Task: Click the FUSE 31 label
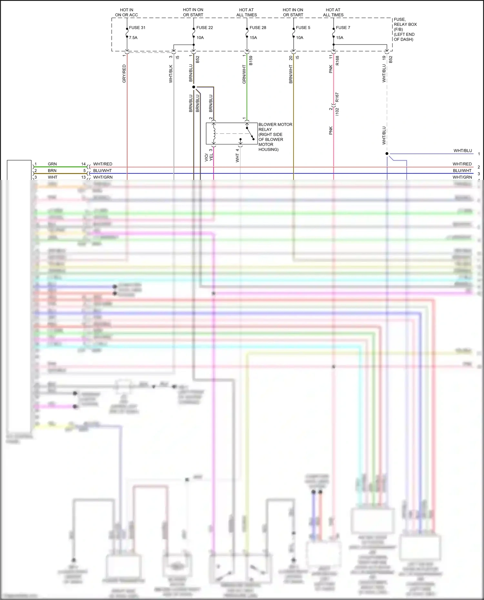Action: tap(137, 28)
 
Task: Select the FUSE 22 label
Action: tap(205, 28)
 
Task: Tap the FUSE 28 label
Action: tap(258, 28)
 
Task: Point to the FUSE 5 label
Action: tap(303, 28)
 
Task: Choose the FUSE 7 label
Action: tap(343, 28)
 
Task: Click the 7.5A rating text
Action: tap(133, 38)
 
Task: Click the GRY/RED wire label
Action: tap(124, 74)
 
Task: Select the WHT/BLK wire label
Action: tap(171, 74)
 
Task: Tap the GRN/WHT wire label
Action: tap(244, 74)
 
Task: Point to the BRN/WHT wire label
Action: tap(291, 74)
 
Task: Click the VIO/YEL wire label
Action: tap(209, 157)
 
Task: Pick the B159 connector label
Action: tap(251, 61)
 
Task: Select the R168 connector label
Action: tap(337, 61)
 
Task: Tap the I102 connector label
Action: tap(337, 112)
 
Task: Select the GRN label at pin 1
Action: tap(52, 164)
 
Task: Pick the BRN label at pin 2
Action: tap(52, 171)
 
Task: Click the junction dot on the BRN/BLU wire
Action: tap(194, 87)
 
